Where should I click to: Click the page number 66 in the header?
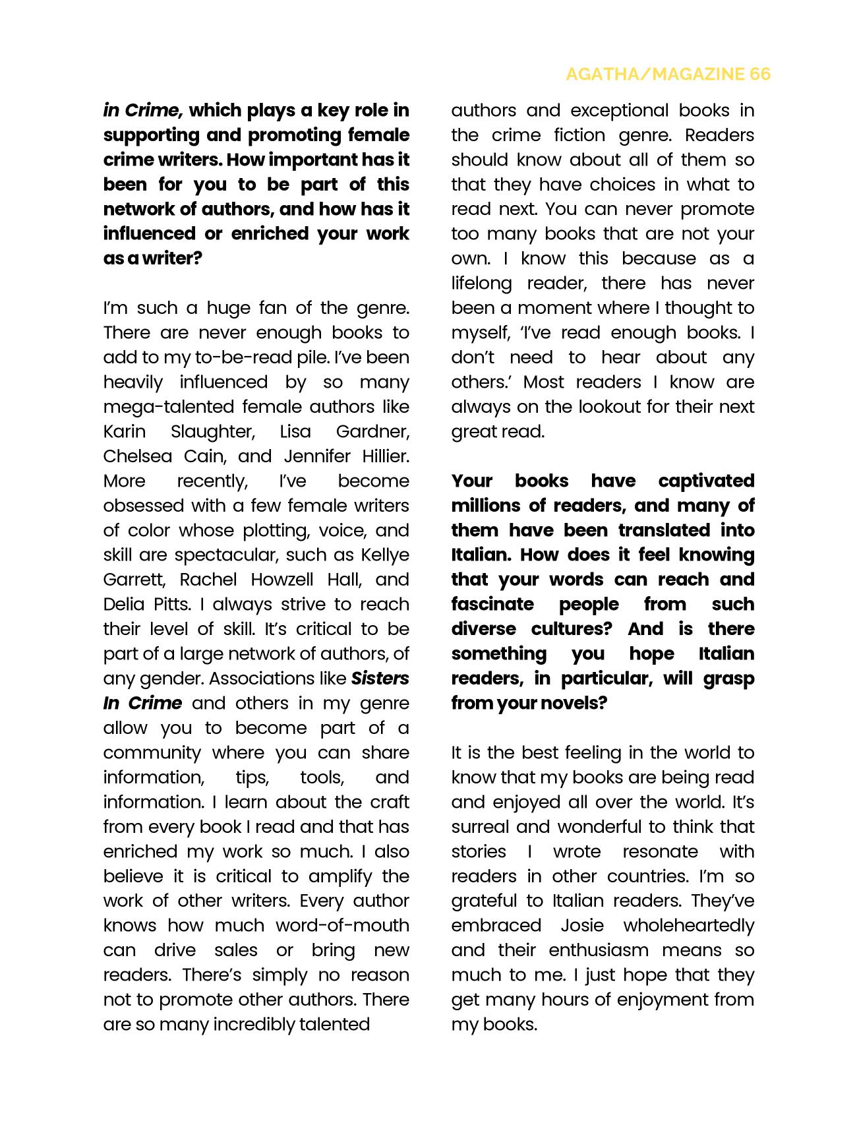tap(759, 74)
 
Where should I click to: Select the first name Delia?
tap(123, 605)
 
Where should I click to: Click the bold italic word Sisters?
tap(380, 679)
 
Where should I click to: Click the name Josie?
tap(581, 926)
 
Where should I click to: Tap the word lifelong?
tap(481, 284)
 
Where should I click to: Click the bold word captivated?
tap(706, 481)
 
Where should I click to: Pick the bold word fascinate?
tap(493, 605)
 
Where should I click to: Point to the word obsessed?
tap(144, 506)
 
